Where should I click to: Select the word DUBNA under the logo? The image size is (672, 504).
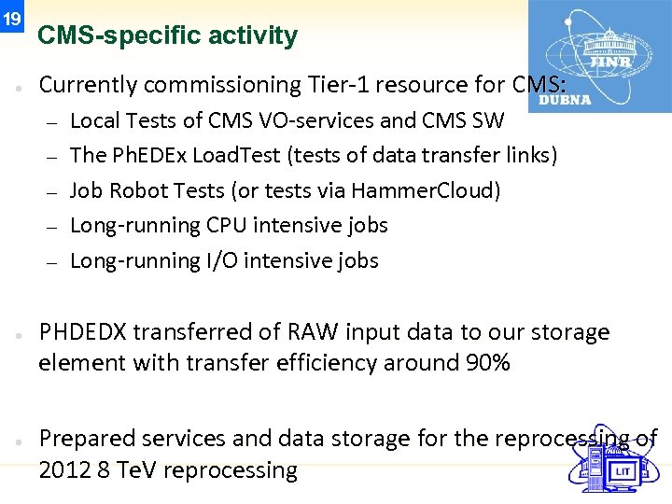point(565,100)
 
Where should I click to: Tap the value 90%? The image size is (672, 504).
point(487,363)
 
